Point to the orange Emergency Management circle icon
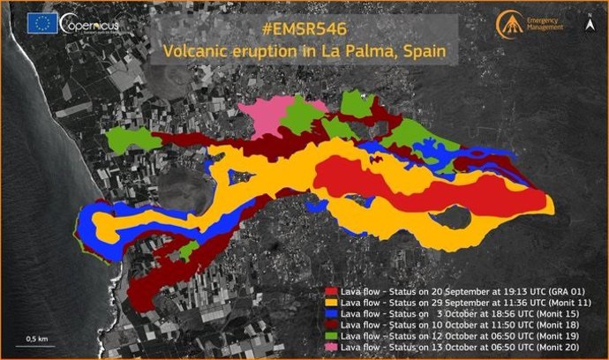(x=510, y=24)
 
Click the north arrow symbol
(x=590, y=25)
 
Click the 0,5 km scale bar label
(x=36, y=338)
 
